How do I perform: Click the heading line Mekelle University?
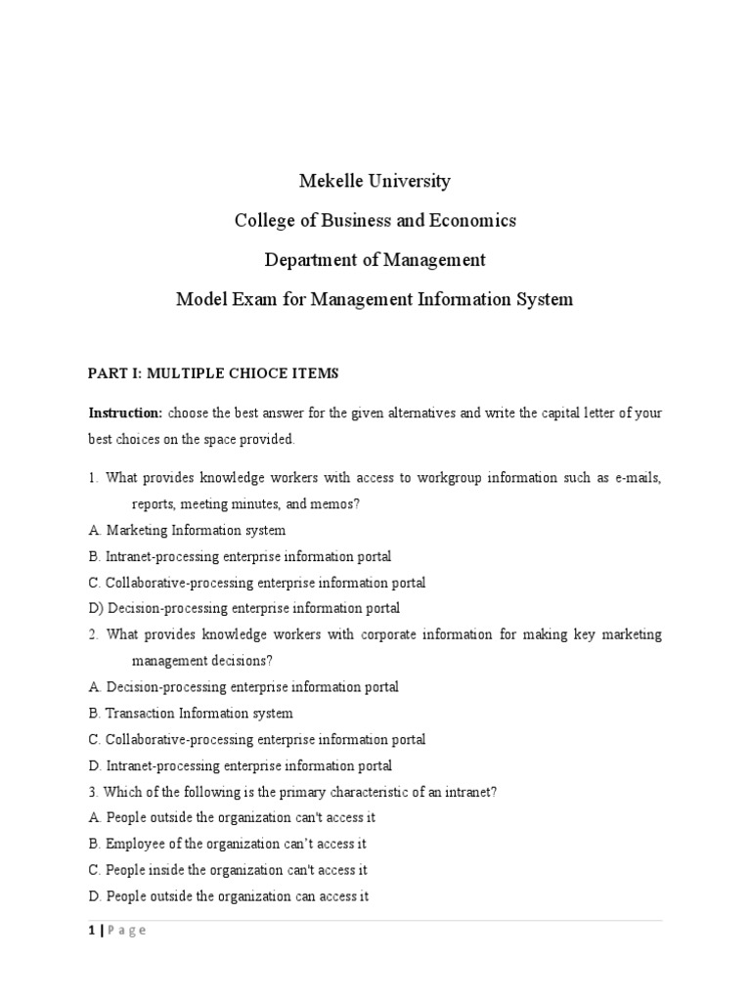375,181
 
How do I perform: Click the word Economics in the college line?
468,220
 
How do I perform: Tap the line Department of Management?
375,260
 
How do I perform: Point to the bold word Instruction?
125,413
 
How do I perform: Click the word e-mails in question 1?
638,477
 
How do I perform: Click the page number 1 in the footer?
91,931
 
